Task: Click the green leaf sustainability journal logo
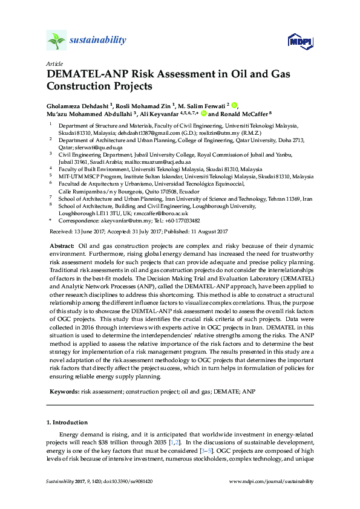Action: point(56,41)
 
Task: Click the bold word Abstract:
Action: point(60,247)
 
